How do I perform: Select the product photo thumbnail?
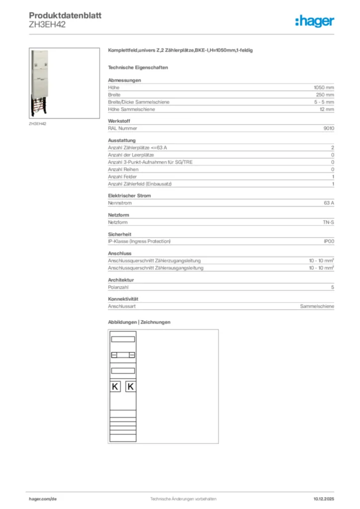tap(62, 83)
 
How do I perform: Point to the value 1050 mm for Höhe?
tap(323, 87)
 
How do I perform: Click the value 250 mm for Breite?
tap(325, 94)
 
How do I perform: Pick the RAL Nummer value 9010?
tap(329, 128)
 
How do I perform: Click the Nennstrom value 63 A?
tap(329, 203)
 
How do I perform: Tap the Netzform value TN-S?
tap(328, 222)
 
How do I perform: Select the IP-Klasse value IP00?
tap(329, 241)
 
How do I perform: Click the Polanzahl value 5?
tap(333, 287)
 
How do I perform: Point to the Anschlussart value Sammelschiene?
tap(317, 307)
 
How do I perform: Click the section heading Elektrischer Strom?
tap(129, 196)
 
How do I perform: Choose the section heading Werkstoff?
tap(119, 121)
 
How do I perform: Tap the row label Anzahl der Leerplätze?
tap(131, 155)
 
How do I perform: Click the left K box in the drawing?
tap(115, 387)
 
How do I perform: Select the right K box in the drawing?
tap(130, 387)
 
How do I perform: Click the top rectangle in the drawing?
tap(123, 339)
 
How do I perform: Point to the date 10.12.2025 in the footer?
tap(324, 499)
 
